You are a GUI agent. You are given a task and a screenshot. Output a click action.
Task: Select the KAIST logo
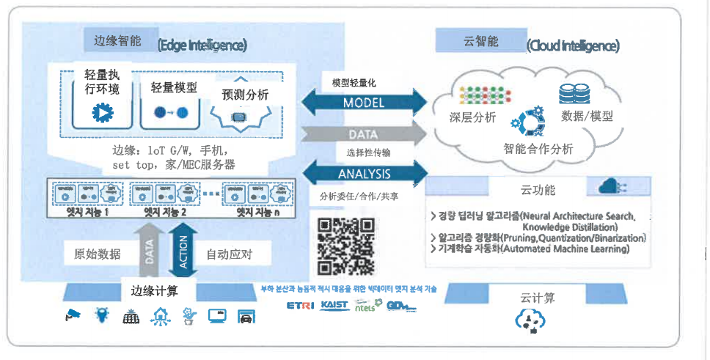334,305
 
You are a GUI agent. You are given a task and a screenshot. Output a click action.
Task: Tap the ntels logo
365,306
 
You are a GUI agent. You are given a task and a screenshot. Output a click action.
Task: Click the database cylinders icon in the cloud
574,94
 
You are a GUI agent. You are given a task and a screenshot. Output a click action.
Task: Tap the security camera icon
72,315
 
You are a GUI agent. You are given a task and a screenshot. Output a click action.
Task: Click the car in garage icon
245,317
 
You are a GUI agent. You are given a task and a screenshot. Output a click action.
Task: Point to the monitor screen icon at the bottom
217,316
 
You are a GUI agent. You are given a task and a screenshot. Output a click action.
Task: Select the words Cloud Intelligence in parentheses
573,45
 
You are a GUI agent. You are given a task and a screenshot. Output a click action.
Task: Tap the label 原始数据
95,255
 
